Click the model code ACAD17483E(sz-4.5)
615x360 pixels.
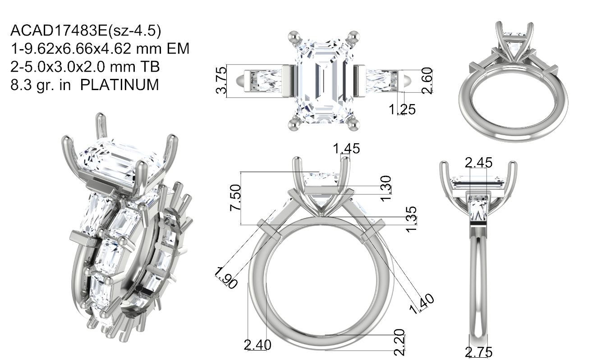86,31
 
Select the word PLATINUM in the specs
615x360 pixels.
119,85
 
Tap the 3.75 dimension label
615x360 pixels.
221,80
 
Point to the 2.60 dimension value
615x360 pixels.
427,81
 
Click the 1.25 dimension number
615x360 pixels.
402,109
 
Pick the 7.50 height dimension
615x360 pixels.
235,197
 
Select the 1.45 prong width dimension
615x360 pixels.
346,149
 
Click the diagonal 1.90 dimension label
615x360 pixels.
226,278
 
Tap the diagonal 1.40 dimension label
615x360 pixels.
422,304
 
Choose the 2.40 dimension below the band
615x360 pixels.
257,345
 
